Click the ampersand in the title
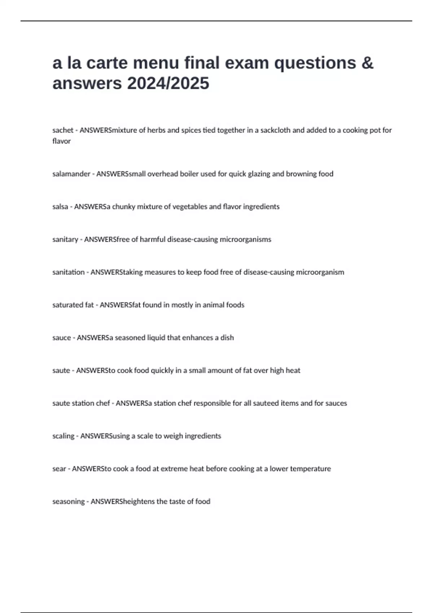(x=367, y=63)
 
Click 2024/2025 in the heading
(x=168, y=84)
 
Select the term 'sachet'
(x=63, y=130)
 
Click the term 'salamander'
(x=71, y=174)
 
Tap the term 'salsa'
(x=60, y=207)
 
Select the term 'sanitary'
(x=65, y=239)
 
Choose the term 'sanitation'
(x=68, y=272)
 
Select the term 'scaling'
(x=63, y=436)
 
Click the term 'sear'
(x=59, y=469)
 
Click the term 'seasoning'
(x=68, y=502)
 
